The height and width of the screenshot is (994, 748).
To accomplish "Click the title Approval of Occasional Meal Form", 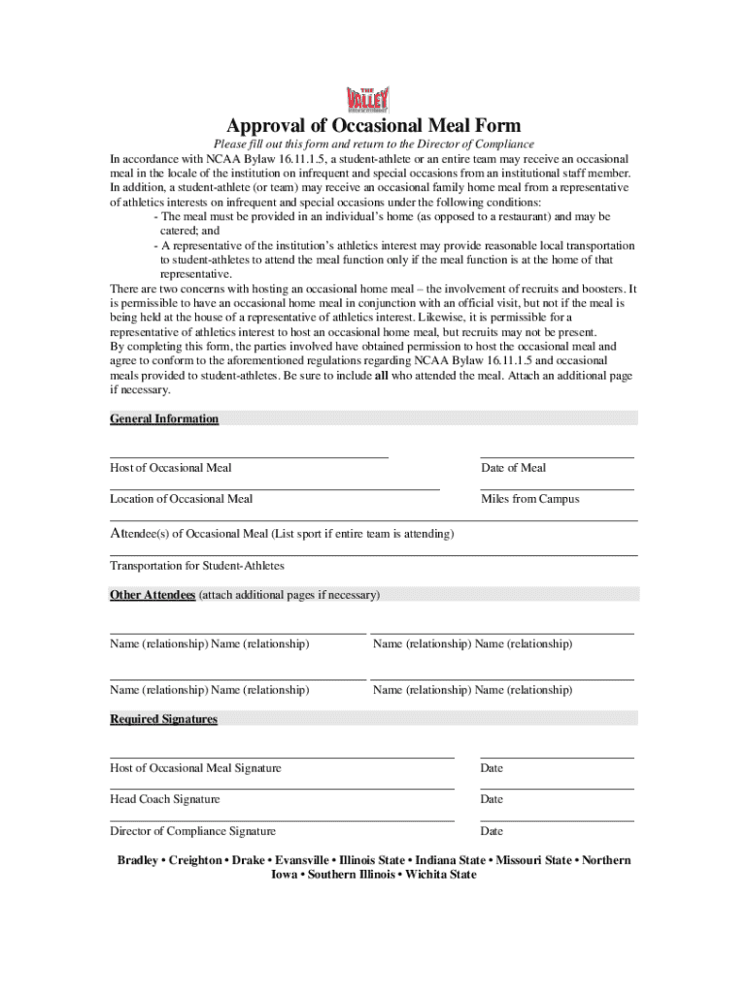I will (x=374, y=125).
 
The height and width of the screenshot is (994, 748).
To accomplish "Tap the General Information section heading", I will (x=164, y=419).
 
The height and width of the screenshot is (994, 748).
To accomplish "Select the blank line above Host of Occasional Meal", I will (x=249, y=456).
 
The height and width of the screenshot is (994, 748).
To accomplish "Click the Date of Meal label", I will (x=513, y=468).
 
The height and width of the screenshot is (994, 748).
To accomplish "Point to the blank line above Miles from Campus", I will (x=557, y=489).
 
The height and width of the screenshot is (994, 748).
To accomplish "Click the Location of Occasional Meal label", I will (x=181, y=499).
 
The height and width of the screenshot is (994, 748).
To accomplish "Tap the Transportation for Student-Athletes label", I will (x=197, y=566).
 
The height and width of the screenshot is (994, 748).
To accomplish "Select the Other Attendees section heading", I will (x=153, y=594).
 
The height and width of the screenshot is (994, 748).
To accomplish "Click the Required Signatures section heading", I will (x=163, y=719).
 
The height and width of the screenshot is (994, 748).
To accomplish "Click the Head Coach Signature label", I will (x=164, y=799).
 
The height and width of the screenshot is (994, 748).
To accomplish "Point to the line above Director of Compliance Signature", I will (x=282, y=821).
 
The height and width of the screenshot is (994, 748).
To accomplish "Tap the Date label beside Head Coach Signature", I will (x=492, y=799).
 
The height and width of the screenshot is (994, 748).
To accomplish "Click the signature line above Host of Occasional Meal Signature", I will (x=282, y=757).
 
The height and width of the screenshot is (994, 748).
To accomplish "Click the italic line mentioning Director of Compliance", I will (x=374, y=145).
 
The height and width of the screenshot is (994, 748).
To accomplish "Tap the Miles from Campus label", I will (x=529, y=499).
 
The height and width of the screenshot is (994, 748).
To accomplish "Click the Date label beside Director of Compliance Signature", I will (x=492, y=831).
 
